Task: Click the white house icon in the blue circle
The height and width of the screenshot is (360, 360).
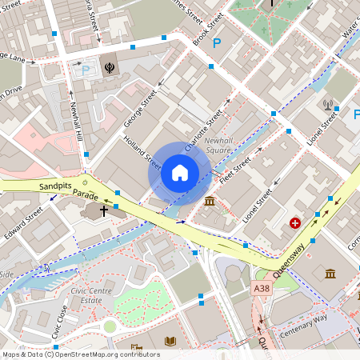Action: click(179, 172)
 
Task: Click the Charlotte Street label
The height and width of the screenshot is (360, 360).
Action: click(202, 134)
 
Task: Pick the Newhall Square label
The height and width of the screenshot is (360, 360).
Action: click(219, 145)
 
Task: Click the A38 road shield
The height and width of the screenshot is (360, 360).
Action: click(261, 287)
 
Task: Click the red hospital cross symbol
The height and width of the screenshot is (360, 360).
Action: click(296, 222)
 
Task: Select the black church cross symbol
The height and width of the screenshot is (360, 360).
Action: click(104, 210)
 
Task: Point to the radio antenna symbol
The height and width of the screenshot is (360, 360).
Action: click(327, 104)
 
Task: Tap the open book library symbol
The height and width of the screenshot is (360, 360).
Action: click(169, 342)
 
